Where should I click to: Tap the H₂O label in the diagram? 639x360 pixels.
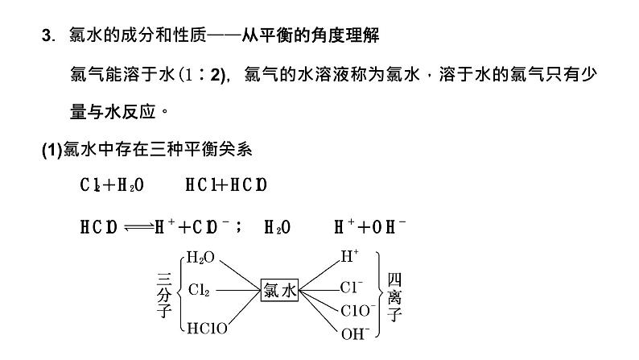click(200, 259)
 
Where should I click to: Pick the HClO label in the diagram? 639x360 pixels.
click(206, 329)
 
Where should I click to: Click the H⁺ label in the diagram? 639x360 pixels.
click(349, 258)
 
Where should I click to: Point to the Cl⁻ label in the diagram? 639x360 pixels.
click(352, 287)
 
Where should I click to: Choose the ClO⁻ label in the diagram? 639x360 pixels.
click(357, 310)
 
